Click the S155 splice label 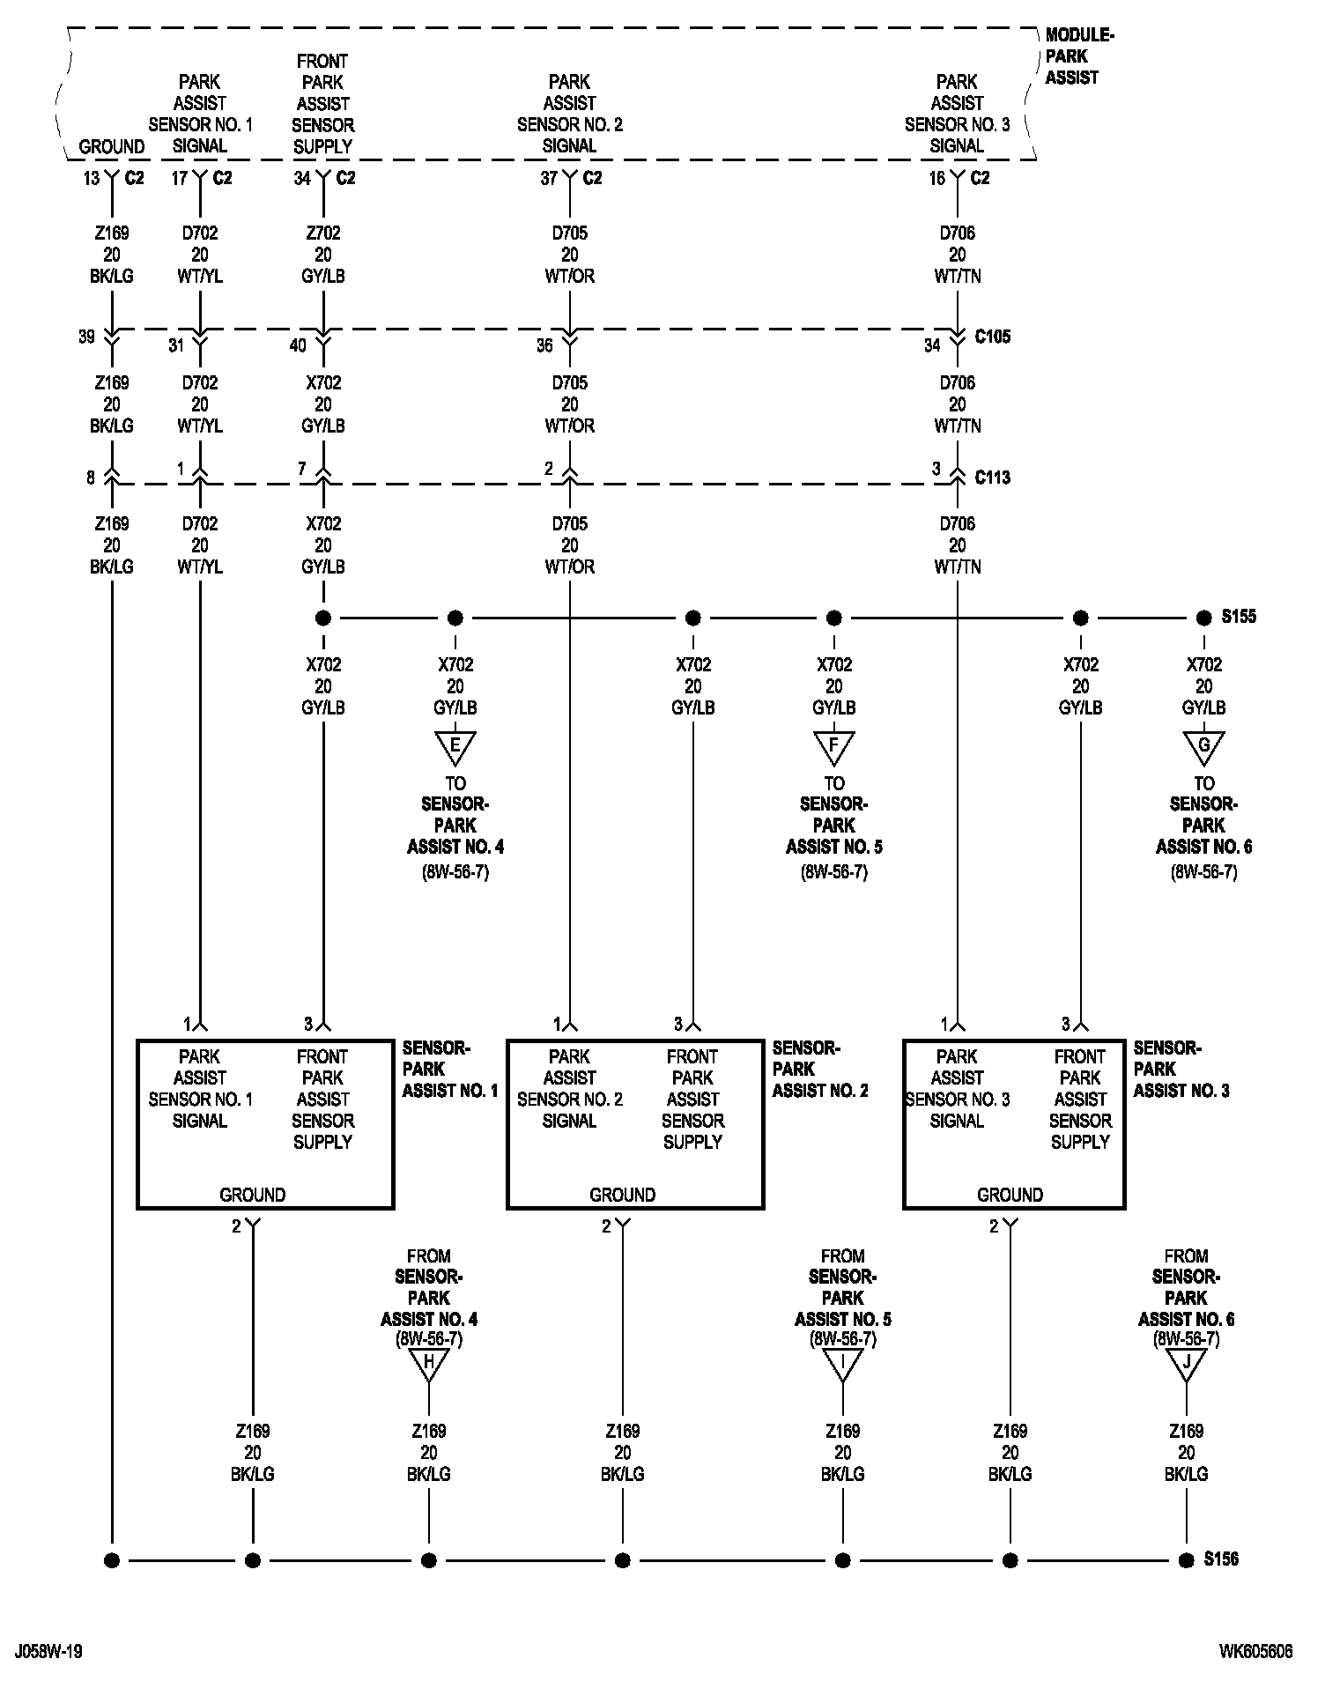point(1238,617)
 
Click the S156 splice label point(1221,1559)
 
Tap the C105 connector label point(993,337)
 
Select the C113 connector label point(993,478)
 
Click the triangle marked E point(455,747)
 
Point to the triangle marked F point(834,747)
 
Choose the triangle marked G point(1204,747)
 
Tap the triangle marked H point(429,1364)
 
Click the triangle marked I point(843,1364)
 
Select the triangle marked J point(1187,1364)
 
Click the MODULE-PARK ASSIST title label point(1078,56)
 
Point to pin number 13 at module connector point(92,179)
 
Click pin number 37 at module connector point(549,179)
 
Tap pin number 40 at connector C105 point(298,345)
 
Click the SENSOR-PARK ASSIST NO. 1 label point(449,1070)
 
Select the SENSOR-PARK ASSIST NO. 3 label point(1181,1070)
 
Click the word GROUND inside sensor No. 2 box point(622,1195)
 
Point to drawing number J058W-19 point(48,1651)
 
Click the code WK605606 point(1255,1651)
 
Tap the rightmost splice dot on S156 point(1187,1560)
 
